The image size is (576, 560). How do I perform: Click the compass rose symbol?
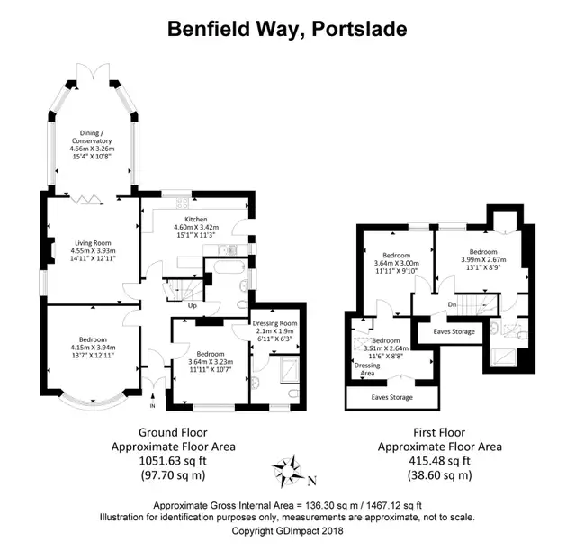[288, 471]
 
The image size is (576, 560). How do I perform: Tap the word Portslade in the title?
[359, 29]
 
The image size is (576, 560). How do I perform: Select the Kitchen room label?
[196, 219]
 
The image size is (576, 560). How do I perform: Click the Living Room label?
[93, 243]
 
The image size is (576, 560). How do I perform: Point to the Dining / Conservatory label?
[92, 137]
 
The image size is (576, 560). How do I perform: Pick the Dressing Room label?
[274, 323]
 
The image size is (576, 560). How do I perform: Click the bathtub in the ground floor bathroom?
[229, 266]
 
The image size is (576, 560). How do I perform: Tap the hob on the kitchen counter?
[183, 203]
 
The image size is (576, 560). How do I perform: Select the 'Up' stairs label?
[193, 305]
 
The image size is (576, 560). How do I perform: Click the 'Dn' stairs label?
[452, 304]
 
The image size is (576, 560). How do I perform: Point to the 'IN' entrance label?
[153, 406]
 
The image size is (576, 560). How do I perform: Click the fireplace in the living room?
[51, 251]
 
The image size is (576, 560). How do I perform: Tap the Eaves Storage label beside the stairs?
[454, 331]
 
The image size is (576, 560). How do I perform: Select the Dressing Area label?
[367, 369]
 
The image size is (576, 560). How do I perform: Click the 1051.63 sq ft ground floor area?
[173, 461]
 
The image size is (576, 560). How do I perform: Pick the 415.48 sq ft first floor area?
[440, 461]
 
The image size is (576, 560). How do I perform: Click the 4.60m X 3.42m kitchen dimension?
[196, 227]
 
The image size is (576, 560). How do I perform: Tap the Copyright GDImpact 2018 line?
[287, 531]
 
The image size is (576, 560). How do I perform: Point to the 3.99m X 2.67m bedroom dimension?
[483, 260]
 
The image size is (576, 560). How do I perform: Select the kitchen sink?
[228, 250]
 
